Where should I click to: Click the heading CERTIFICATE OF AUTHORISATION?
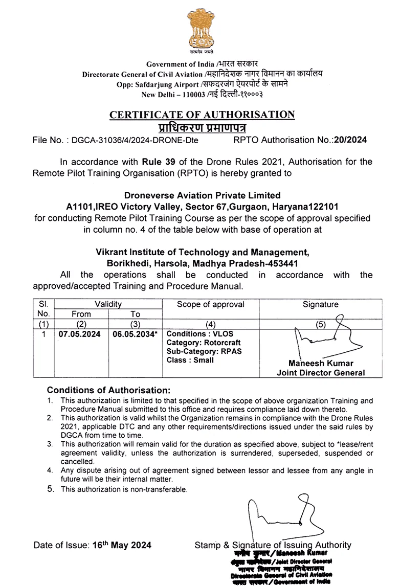[x=202, y=115]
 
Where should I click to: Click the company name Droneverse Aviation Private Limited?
[x=203, y=195]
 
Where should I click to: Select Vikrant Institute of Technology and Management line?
[x=203, y=252]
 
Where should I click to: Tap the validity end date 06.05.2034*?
[x=135, y=334]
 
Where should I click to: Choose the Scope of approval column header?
[x=210, y=304]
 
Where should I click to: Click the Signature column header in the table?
[x=320, y=304]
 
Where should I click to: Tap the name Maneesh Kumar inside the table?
[x=321, y=364]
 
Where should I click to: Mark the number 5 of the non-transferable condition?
[x=50, y=489]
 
